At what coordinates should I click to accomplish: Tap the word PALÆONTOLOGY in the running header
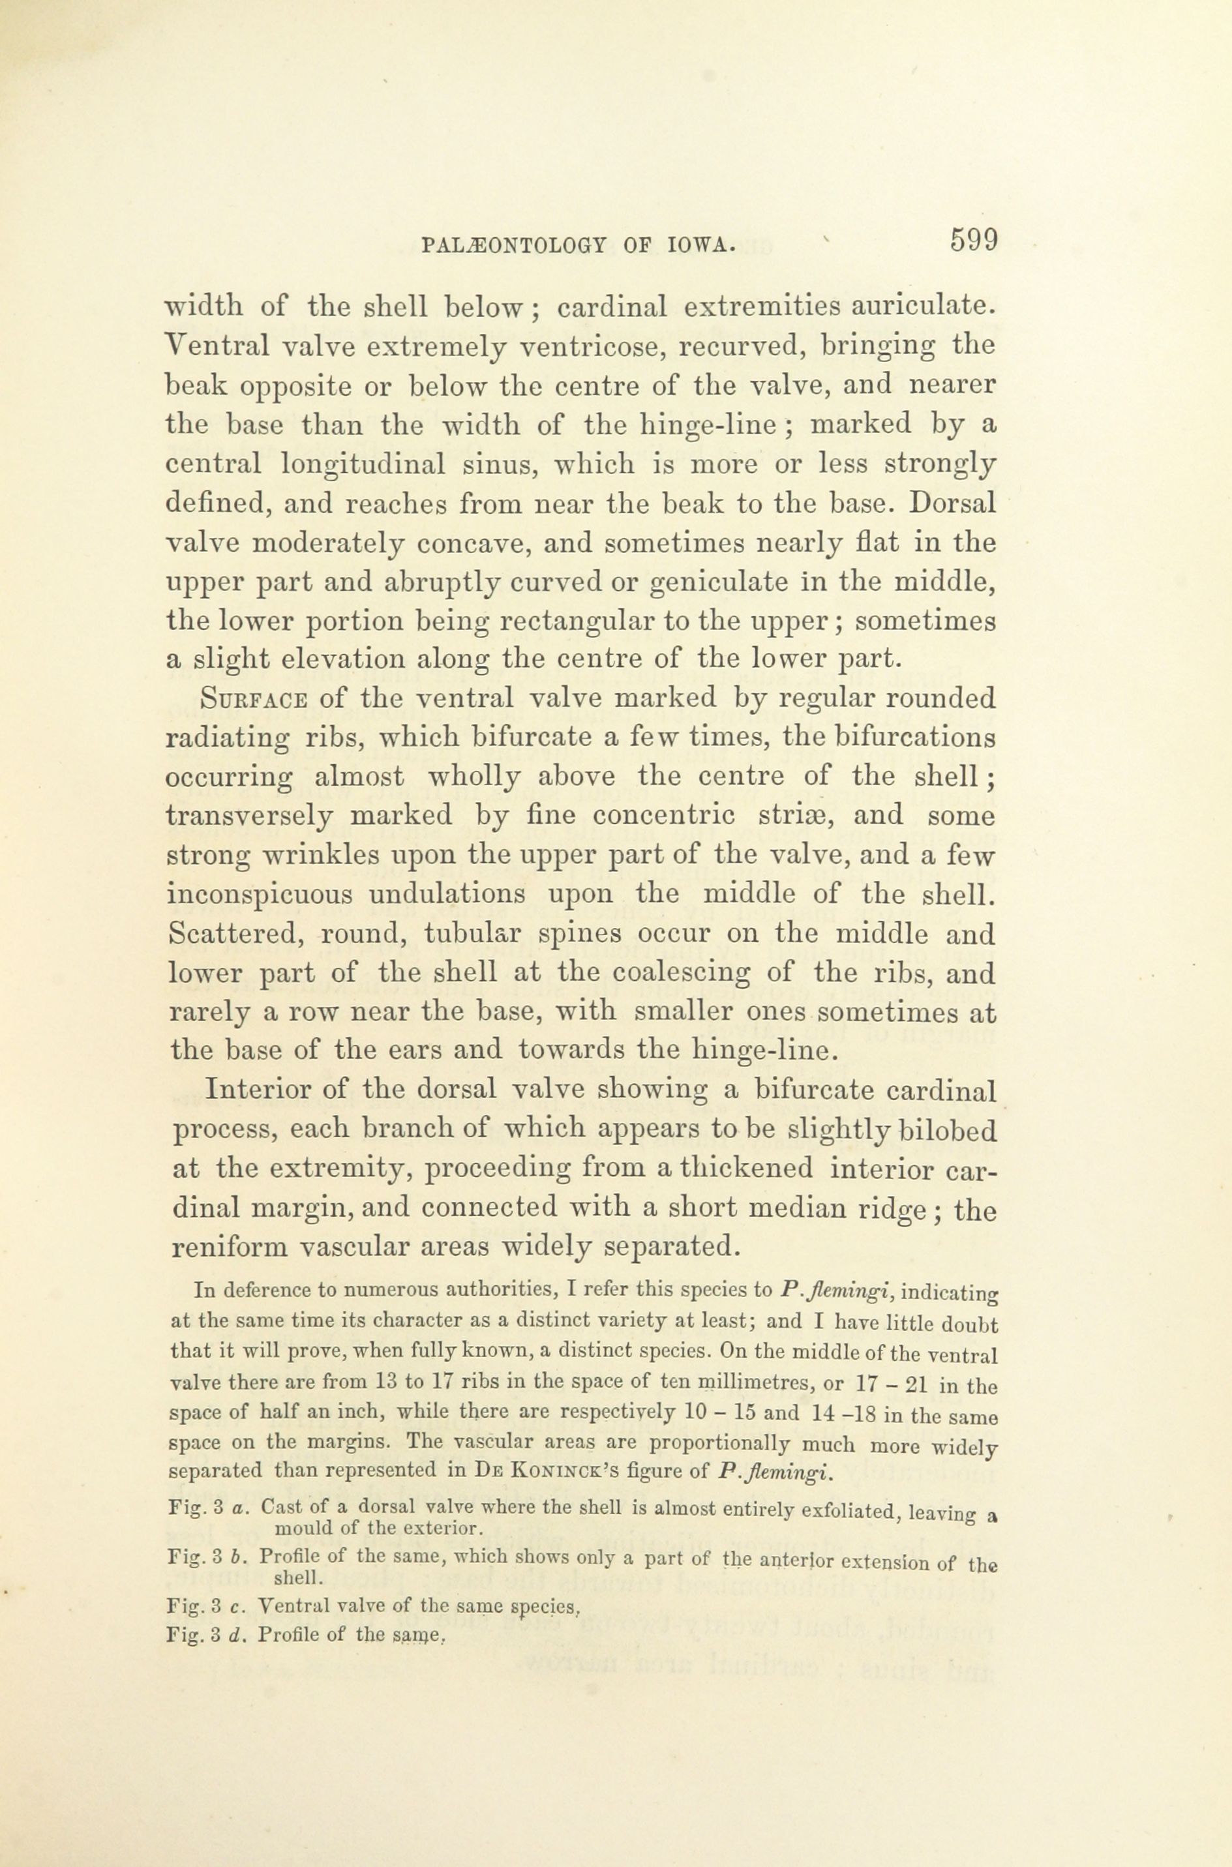point(511,246)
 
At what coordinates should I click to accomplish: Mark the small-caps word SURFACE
point(253,699)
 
